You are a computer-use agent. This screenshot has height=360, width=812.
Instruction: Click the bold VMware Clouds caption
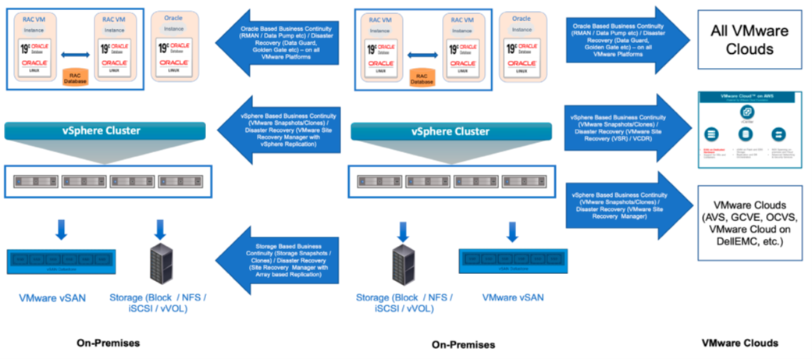tap(739, 343)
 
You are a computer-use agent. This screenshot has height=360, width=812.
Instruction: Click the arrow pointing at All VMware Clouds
tap(625, 37)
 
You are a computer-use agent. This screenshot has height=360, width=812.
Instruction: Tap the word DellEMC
tap(752, 242)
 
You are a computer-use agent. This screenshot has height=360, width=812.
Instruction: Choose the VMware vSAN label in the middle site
tap(512, 298)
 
